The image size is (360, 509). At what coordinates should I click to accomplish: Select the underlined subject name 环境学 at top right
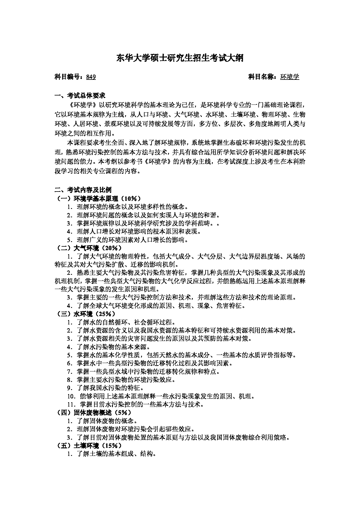pos(289,77)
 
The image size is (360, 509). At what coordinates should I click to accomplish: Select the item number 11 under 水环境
pos(71,404)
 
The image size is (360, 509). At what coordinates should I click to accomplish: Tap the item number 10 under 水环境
pos(71,396)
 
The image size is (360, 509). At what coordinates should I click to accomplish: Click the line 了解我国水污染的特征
pos(110,388)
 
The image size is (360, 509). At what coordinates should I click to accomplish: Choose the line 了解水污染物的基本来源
pos(113,347)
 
